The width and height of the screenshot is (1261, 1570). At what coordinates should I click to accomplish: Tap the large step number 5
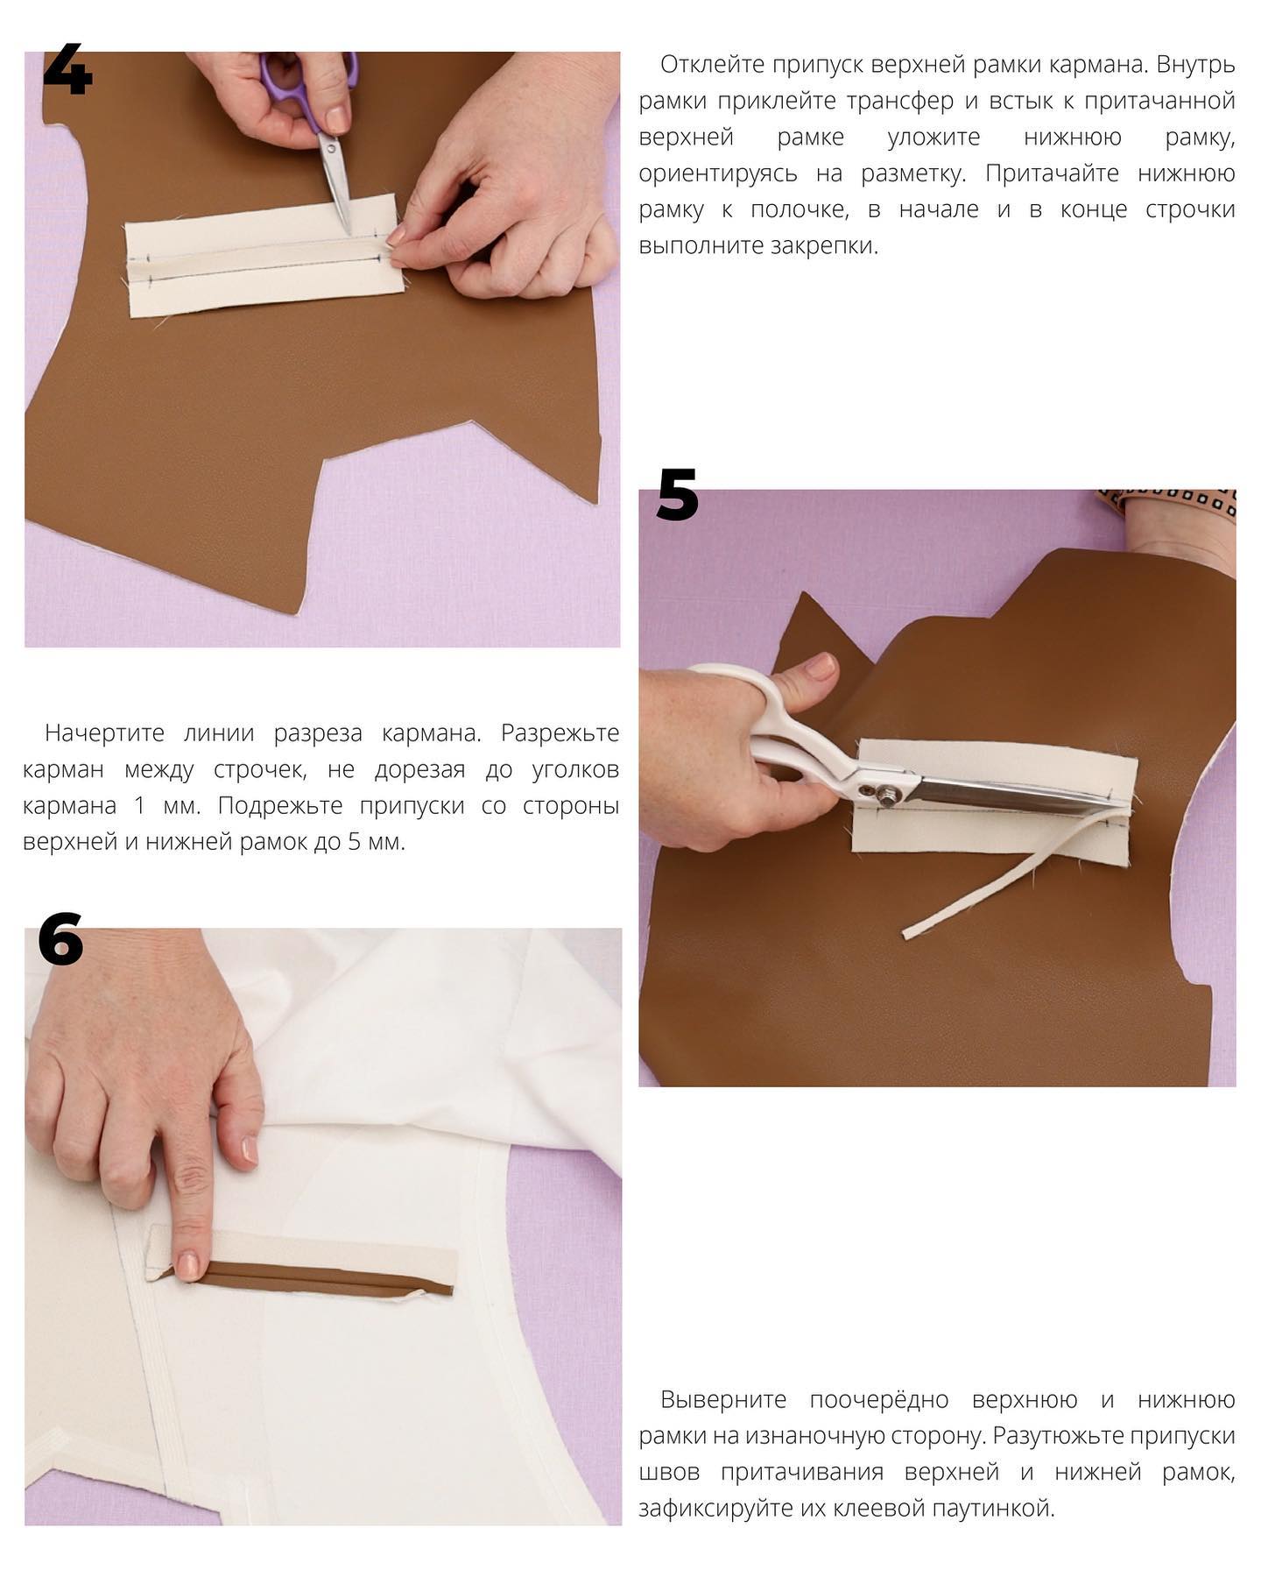pyautogui.click(x=678, y=494)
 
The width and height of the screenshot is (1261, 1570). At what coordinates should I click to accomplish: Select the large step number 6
pyautogui.click(x=60, y=938)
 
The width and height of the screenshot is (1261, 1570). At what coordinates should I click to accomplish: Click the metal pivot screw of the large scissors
pyautogui.click(x=888, y=796)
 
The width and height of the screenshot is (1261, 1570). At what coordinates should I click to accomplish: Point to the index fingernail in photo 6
pyautogui.click(x=187, y=1265)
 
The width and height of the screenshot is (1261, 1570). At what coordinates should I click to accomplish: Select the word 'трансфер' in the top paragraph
pyautogui.click(x=900, y=102)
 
